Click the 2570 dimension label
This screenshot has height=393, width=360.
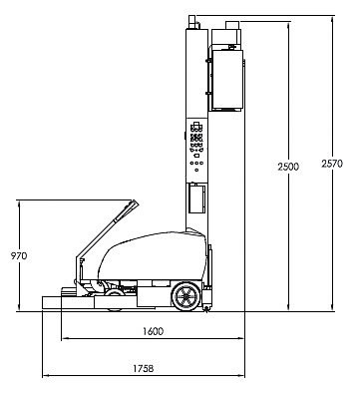332,164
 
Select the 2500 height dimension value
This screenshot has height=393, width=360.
288,167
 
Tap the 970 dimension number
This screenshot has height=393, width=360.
19,256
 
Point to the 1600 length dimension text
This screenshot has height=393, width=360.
154,331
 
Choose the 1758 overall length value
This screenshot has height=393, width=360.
144,368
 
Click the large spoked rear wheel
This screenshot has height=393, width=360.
185,296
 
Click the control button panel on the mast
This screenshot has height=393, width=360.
196,147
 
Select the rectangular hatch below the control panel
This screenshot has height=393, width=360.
196,198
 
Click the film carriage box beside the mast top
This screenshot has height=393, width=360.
227,80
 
